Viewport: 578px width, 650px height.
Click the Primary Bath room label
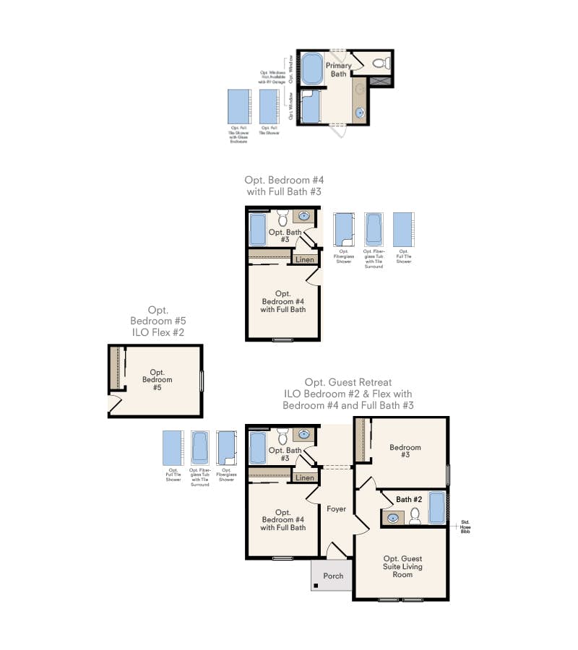click(x=338, y=69)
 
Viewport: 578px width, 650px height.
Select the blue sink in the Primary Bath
click(x=359, y=112)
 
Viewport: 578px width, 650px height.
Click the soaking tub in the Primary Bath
click(x=311, y=69)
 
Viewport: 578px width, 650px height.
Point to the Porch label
click(x=333, y=576)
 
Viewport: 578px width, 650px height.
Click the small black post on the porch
click(x=316, y=585)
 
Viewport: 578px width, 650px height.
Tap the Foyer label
click(x=336, y=509)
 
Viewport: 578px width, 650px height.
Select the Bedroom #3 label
click(x=405, y=451)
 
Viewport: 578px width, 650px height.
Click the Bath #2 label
click(x=408, y=499)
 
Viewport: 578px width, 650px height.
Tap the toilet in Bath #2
click(x=415, y=516)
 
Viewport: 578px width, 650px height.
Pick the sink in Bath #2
click(x=394, y=517)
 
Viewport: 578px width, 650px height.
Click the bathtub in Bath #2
click(x=438, y=507)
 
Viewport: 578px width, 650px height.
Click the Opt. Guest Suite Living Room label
click(x=402, y=566)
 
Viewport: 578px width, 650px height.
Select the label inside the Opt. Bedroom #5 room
click(x=157, y=380)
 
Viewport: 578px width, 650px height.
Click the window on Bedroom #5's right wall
click(x=202, y=380)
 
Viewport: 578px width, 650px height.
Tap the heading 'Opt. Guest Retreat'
click(x=348, y=382)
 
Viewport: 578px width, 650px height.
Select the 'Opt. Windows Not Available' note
click(x=273, y=77)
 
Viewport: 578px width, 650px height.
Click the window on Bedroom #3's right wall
click(x=449, y=474)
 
